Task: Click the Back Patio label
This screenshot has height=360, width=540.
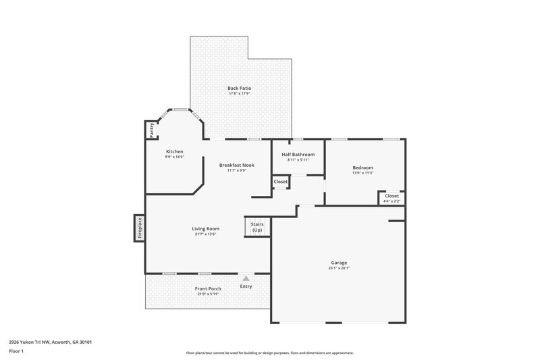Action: (x=239, y=88)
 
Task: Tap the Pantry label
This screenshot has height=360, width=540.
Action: (x=152, y=128)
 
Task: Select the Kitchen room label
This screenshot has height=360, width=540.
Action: (x=175, y=151)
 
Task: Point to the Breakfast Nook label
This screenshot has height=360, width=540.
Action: (x=236, y=165)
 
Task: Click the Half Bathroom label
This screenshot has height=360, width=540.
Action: (x=298, y=154)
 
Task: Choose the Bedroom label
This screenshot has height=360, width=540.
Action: (x=362, y=168)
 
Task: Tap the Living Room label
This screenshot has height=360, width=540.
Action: (x=205, y=228)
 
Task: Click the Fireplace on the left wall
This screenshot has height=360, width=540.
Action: (x=139, y=228)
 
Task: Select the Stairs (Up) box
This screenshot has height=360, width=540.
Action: (x=256, y=227)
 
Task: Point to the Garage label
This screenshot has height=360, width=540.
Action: (x=339, y=262)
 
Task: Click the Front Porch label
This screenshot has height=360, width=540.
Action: (x=209, y=288)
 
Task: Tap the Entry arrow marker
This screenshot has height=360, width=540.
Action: (x=246, y=278)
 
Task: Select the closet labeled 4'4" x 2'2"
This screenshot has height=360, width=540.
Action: (x=391, y=198)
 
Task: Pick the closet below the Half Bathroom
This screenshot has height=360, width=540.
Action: (x=281, y=182)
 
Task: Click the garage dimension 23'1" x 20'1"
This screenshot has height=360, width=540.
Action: (x=339, y=268)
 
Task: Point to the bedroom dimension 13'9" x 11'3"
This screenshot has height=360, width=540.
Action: (x=362, y=173)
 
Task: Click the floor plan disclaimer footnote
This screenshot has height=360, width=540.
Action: (x=270, y=353)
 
